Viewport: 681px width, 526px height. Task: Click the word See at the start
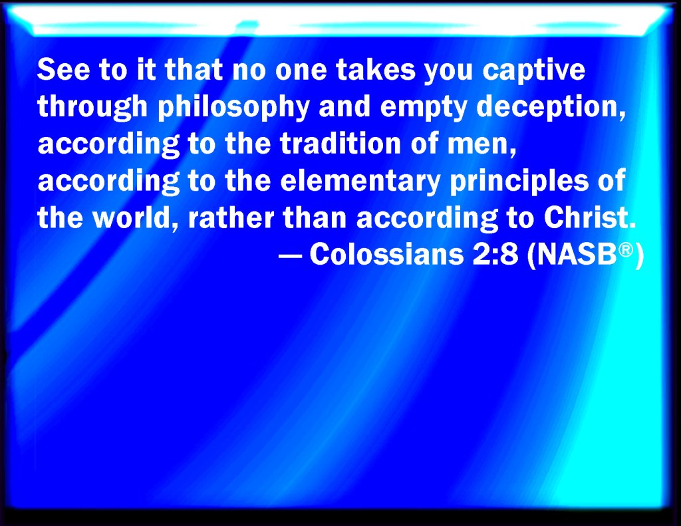tap(63, 70)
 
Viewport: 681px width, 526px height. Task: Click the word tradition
tap(340, 144)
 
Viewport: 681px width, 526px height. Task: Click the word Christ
tap(589, 217)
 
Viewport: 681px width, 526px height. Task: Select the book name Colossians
tap(386, 254)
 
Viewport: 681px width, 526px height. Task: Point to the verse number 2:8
tap(495, 255)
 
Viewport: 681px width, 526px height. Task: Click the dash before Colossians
tap(290, 255)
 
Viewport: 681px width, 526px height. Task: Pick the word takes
tap(376, 70)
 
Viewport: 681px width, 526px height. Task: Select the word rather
tap(231, 217)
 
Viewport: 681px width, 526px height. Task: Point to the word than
tap(315, 217)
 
